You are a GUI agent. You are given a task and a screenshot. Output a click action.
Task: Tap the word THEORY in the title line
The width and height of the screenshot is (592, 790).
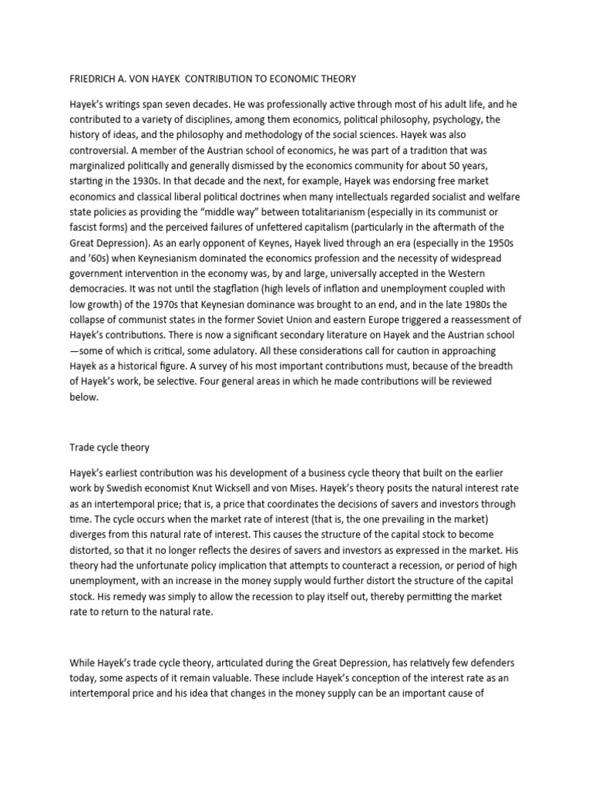[335, 79]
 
